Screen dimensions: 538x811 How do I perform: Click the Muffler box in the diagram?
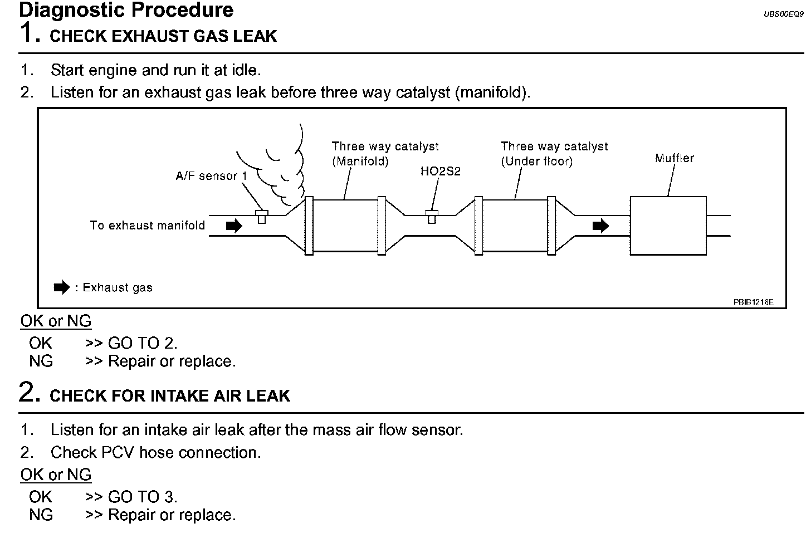click(x=668, y=226)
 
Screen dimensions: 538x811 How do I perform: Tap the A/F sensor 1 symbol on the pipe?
click(x=261, y=217)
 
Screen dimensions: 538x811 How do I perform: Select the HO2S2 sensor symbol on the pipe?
click(x=431, y=216)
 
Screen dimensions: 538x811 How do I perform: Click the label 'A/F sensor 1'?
click(x=211, y=176)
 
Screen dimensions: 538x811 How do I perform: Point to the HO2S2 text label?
click(x=440, y=172)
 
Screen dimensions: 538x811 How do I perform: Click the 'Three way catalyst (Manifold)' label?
click(x=385, y=154)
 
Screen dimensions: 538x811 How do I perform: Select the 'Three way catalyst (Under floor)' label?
click(x=554, y=154)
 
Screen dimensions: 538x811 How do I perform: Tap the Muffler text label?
click(x=674, y=158)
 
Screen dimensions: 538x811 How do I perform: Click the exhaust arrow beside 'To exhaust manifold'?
click(x=234, y=226)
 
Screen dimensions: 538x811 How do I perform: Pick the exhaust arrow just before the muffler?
click(x=600, y=226)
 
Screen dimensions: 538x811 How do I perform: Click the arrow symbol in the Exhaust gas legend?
click(x=61, y=288)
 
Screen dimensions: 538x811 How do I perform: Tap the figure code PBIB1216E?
click(x=753, y=302)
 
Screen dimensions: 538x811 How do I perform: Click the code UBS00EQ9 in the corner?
click(x=784, y=14)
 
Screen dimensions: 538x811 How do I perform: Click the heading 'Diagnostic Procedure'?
click(x=126, y=10)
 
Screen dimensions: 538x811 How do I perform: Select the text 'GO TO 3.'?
click(x=143, y=497)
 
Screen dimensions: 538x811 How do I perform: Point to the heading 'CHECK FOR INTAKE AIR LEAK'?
click(x=170, y=396)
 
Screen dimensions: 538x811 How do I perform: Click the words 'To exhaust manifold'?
click(x=148, y=226)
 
